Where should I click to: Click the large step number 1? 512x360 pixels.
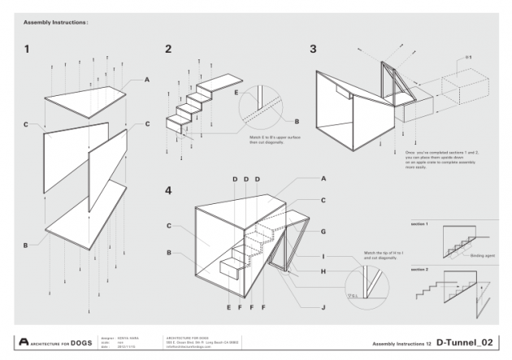pyautogui.click(x=28, y=50)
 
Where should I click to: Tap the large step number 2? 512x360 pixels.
pyautogui.click(x=168, y=49)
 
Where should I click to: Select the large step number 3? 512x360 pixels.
pyautogui.click(x=313, y=49)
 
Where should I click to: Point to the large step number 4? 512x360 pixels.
pyautogui.click(x=168, y=191)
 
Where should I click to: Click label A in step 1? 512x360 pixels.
pyautogui.click(x=147, y=80)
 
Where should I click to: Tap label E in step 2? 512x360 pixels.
pyautogui.click(x=236, y=92)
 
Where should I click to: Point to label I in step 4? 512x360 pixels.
pyautogui.click(x=323, y=256)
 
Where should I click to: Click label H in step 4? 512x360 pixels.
pyautogui.click(x=323, y=271)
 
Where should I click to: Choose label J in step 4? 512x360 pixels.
pyautogui.click(x=323, y=306)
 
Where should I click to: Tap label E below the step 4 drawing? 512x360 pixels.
pyautogui.click(x=229, y=307)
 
